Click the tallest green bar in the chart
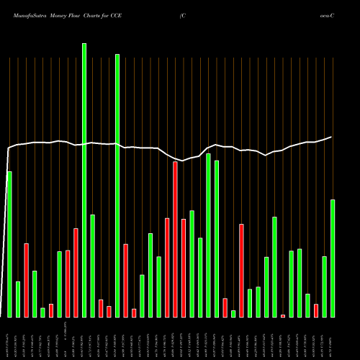tap(84, 180)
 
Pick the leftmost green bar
tap(9, 244)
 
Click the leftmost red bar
tap(26, 280)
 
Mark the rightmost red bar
tap(316, 310)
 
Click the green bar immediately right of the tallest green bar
tap(92, 266)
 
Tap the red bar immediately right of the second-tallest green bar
tap(125, 280)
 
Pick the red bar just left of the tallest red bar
tap(167, 267)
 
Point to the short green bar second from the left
tap(18, 299)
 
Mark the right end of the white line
tap(332, 137)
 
